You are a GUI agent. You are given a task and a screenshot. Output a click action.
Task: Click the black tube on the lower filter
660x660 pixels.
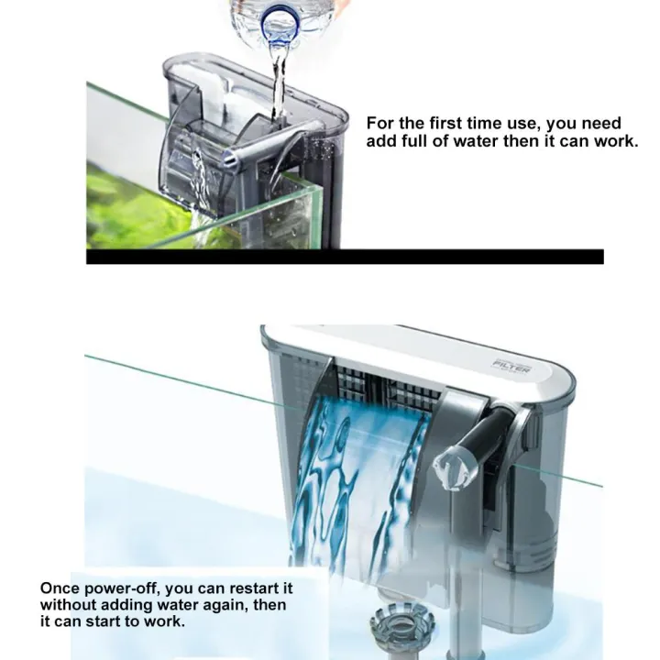pyautogui.click(x=484, y=437)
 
